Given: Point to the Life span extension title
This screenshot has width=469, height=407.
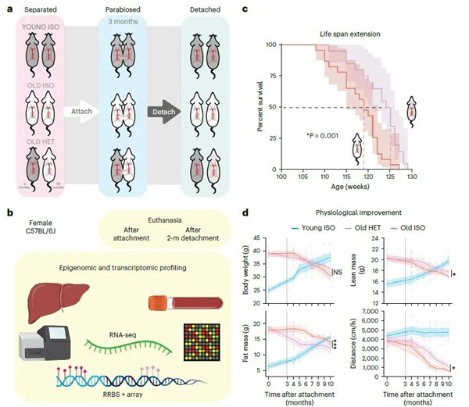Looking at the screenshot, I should click(349, 27).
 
